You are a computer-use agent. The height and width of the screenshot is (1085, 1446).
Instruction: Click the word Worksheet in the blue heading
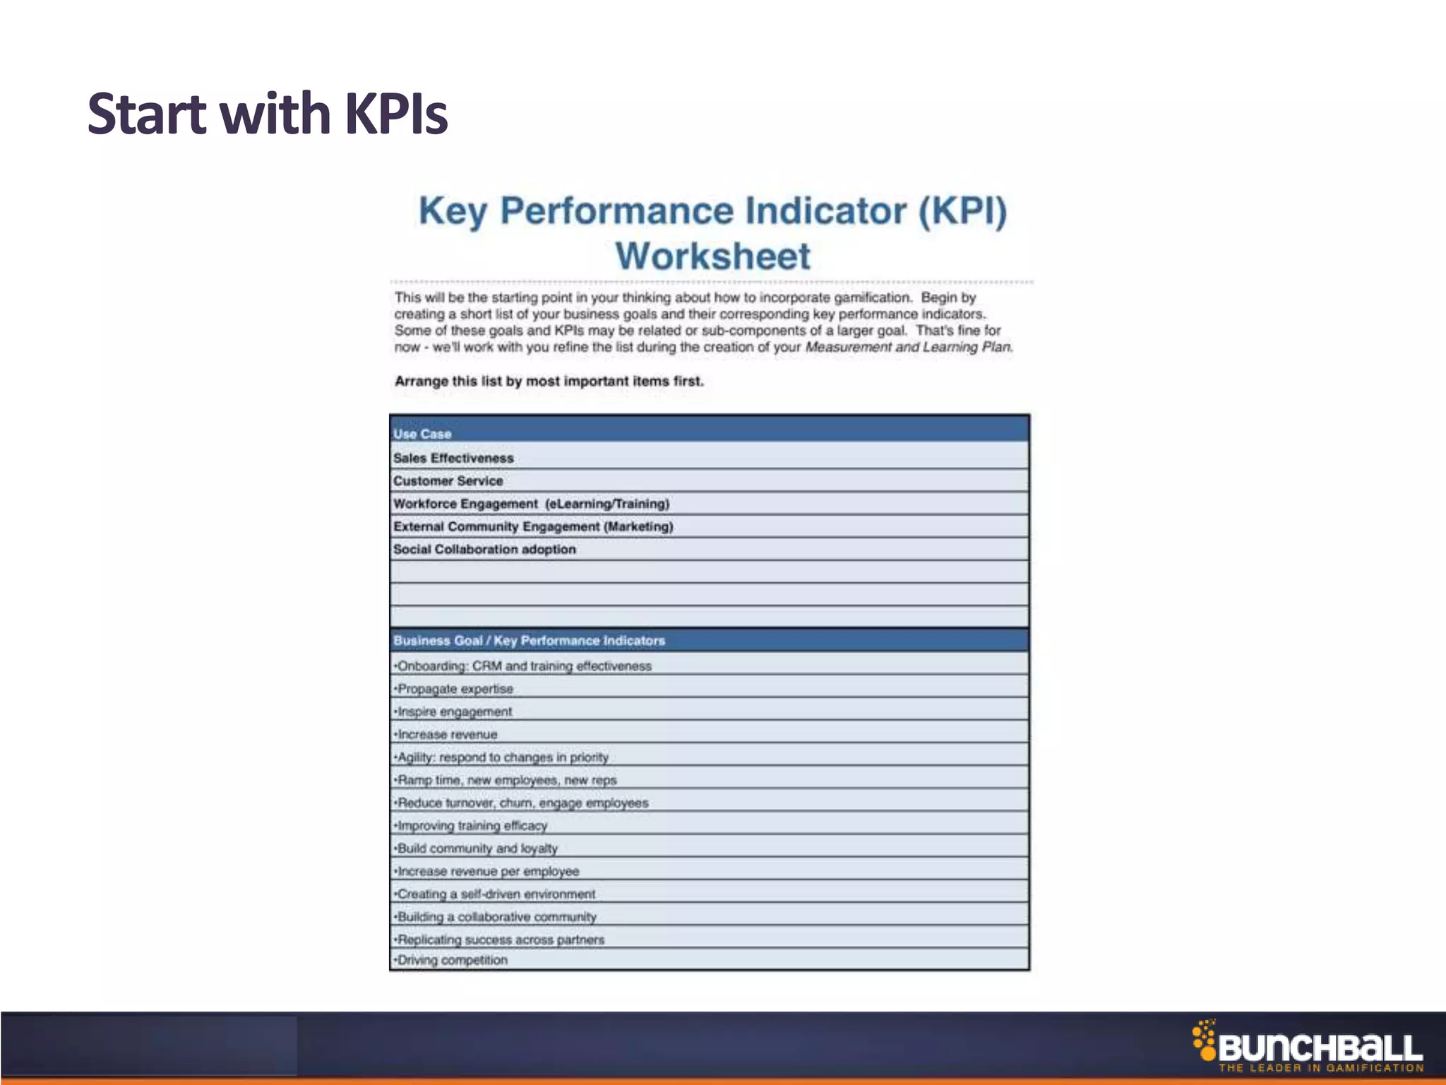(713, 256)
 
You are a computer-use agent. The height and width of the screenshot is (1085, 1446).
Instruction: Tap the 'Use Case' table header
(422, 434)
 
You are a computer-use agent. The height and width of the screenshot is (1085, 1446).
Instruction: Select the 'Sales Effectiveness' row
(453, 458)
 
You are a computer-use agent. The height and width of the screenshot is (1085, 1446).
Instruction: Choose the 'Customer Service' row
(448, 481)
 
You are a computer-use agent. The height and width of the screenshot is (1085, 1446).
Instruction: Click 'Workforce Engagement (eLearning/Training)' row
(531, 504)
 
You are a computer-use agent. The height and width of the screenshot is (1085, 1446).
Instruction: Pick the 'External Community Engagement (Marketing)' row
(533, 526)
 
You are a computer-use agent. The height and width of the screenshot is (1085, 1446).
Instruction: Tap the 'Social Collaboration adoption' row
(484, 549)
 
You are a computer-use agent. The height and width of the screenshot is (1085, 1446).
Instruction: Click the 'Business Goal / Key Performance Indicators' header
(529, 641)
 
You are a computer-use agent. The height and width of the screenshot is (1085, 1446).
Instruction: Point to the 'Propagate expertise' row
(455, 689)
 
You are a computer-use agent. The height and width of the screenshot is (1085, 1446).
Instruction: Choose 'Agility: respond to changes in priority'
(502, 757)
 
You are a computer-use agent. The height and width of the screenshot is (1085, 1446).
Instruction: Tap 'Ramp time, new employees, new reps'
(506, 780)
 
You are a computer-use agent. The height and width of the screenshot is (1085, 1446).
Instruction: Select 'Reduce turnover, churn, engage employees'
(522, 803)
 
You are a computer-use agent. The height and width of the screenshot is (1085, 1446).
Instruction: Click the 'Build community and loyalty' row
(477, 848)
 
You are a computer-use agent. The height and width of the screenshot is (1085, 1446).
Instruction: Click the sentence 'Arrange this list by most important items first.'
(549, 381)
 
